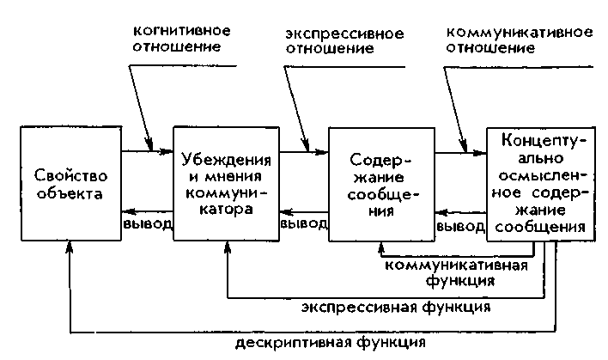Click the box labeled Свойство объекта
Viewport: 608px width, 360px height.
70,182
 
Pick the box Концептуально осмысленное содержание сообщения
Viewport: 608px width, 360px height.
537,182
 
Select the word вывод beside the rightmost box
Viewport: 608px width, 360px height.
460,228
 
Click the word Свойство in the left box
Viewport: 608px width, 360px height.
70,174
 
